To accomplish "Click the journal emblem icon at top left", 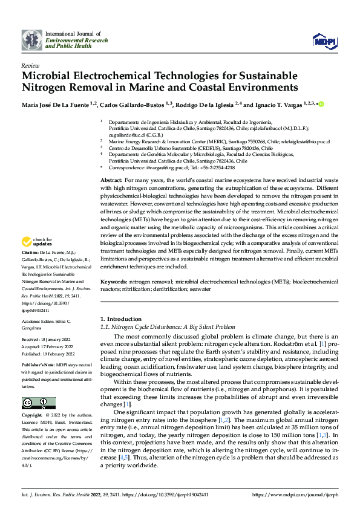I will (32, 40).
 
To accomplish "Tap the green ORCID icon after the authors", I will (321, 104).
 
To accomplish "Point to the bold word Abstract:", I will (111, 181).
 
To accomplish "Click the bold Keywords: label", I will (113, 282).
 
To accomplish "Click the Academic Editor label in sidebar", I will (37, 320).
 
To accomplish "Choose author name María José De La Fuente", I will (55, 104).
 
